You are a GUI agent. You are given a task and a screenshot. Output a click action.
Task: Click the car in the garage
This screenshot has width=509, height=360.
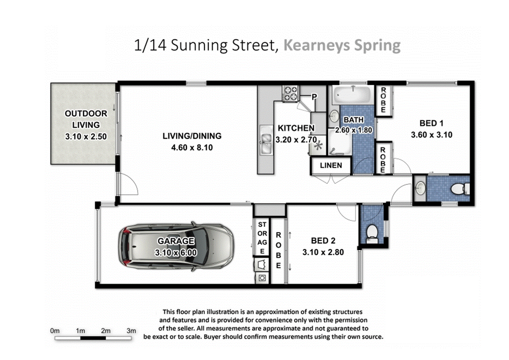176,246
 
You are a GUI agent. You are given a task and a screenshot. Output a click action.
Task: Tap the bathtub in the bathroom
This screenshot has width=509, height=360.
352,95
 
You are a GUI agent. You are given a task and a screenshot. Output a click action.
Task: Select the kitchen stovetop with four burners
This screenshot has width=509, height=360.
290,93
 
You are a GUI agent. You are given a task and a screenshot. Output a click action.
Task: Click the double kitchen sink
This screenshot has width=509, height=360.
266,140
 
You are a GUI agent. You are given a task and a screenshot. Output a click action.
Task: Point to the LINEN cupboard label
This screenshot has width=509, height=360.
331,165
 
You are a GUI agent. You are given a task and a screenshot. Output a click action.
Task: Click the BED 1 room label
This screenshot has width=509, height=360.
431,123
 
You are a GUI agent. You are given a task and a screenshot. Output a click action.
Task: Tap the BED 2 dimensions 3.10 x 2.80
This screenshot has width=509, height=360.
323,252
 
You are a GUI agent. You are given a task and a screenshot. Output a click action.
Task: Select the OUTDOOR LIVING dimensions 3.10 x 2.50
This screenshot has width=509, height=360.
86,137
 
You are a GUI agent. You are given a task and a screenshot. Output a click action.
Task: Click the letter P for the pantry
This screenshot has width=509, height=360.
314,97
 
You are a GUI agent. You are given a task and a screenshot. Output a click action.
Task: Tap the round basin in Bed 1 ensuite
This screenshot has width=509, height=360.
421,188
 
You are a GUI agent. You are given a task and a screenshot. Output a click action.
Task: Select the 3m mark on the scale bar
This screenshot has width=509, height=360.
131,330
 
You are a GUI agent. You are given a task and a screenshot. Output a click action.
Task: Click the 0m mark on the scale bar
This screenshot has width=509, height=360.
55,330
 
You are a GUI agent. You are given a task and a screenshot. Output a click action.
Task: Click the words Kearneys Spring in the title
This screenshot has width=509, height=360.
342,45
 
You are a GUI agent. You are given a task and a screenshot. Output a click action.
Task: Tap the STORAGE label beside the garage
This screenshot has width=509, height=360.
262,238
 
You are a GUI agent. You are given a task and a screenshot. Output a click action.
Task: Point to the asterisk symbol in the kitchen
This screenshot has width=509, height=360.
318,146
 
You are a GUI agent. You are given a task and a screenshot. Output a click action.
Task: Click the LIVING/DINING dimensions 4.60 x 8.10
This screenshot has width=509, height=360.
192,148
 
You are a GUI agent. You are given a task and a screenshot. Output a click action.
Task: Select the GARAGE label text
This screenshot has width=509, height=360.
176,241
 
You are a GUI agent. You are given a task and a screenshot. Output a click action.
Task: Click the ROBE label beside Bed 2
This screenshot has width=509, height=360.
278,250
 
